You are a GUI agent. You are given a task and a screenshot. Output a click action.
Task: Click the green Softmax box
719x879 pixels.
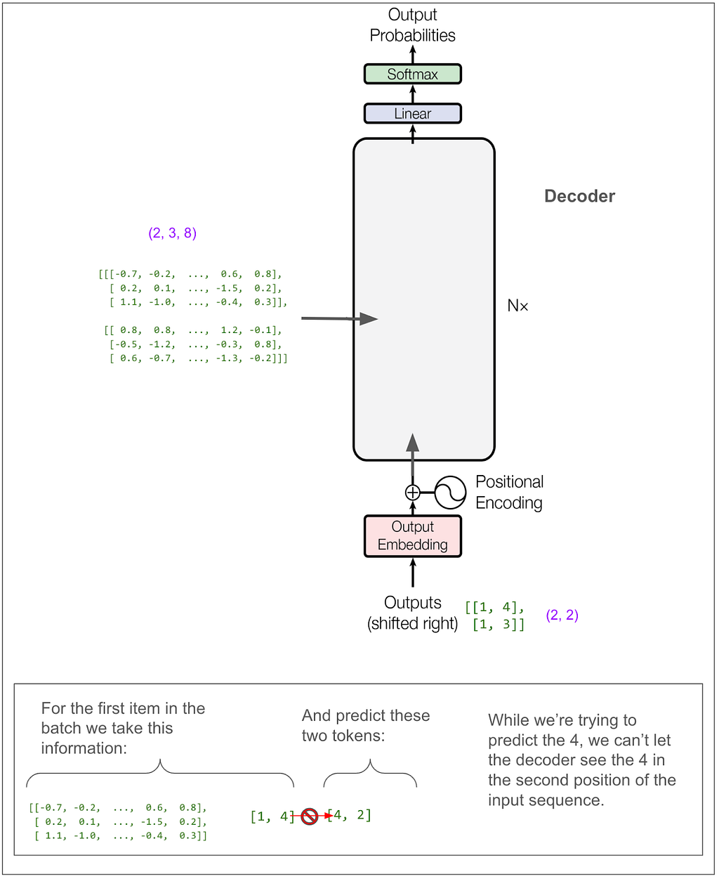[x=413, y=74]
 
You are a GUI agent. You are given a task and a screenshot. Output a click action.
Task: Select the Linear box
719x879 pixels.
[x=413, y=113]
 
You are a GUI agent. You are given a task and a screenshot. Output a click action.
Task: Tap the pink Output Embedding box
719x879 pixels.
[x=413, y=536]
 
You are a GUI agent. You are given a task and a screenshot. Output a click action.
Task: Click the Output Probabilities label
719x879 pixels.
[x=413, y=25]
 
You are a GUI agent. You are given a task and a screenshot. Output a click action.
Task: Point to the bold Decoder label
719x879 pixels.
[x=579, y=196]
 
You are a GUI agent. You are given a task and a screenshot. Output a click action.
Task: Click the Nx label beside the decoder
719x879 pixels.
[x=518, y=306]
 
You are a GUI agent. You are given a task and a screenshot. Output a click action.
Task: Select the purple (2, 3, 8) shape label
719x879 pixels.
[x=173, y=233]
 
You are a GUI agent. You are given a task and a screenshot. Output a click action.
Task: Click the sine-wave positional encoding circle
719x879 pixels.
[x=450, y=493]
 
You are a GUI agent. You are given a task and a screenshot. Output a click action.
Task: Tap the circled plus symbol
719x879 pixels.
[x=413, y=493]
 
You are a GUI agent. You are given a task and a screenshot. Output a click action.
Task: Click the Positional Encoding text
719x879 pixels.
[x=509, y=492]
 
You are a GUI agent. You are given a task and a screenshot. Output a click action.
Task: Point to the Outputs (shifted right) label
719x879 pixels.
[x=413, y=613]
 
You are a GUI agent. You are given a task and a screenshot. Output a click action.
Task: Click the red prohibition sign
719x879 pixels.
[x=310, y=816]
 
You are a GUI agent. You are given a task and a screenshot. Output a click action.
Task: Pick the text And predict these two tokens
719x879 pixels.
[x=365, y=725]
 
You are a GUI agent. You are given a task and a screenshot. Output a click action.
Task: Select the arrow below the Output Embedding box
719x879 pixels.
[x=413, y=573]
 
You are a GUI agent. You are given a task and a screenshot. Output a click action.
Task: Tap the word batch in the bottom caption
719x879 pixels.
[x=60, y=728]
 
